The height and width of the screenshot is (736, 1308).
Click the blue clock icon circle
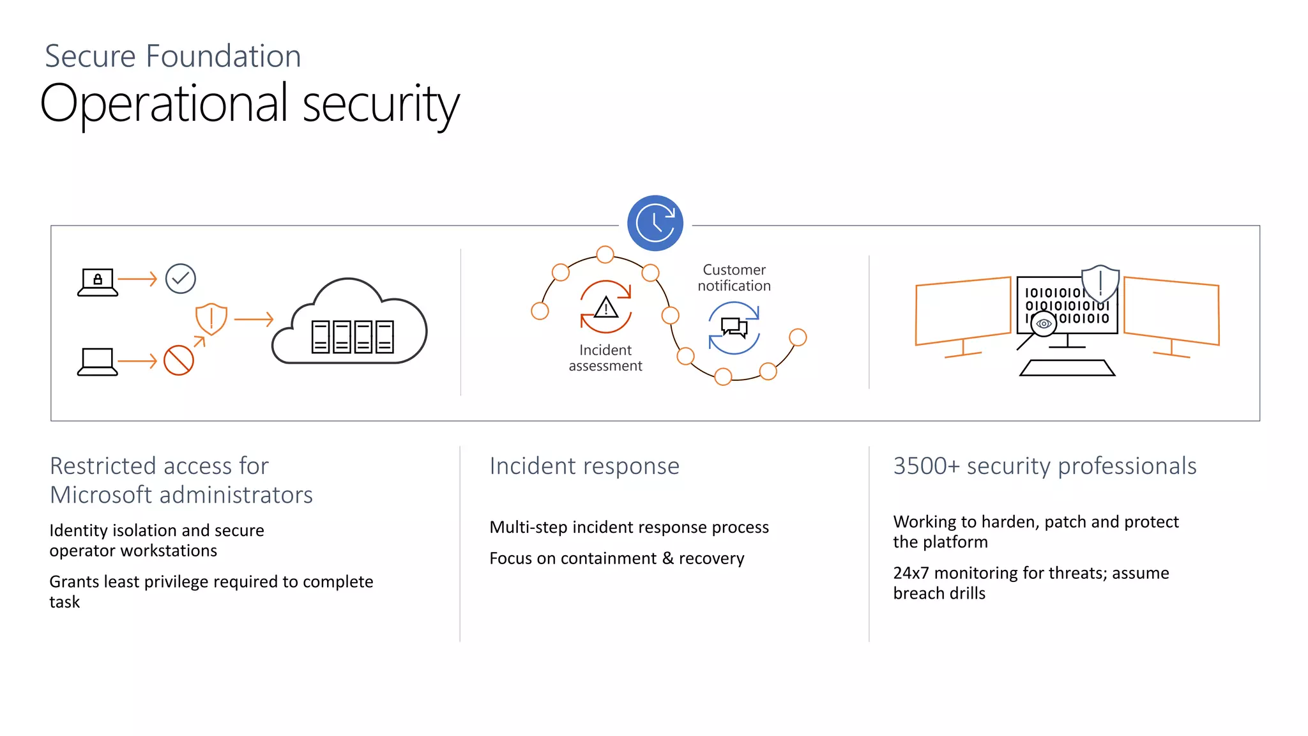tap(655, 223)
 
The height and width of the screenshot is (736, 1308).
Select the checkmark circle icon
tap(180, 279)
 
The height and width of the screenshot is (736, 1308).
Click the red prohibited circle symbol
tap(178, 360)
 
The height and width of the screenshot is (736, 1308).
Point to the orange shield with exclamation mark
tap(211, 318)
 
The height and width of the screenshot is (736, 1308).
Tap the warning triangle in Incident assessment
tap(605, 308)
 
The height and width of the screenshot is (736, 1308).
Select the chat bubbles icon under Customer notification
tap(734, 327)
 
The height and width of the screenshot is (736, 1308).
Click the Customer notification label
tap(734, 278)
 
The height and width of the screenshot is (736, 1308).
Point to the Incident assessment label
tap(605, 358)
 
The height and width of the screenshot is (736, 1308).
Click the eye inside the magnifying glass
tap(1044, 324)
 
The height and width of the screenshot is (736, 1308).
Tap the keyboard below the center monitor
tap(1067, 368)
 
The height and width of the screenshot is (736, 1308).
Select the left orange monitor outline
tap(962, 312)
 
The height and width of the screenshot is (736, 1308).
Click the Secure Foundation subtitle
tap(172, 56)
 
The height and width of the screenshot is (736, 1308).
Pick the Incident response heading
tap(584, 466)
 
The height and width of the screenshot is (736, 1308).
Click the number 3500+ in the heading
tap(926, 466)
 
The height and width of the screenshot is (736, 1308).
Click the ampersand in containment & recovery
tap(667, 558)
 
